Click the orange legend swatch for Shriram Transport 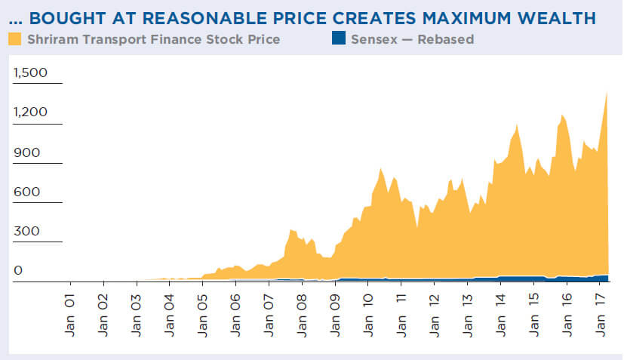(x=14, y=38)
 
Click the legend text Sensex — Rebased (x=412, y=38)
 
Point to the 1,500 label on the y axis (x=30, y=73)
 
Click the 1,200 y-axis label (x=30, y=112)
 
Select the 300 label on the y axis (x=25, y=231)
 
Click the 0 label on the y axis (x=18, y=270)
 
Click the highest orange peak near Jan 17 (x=606, y=94)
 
